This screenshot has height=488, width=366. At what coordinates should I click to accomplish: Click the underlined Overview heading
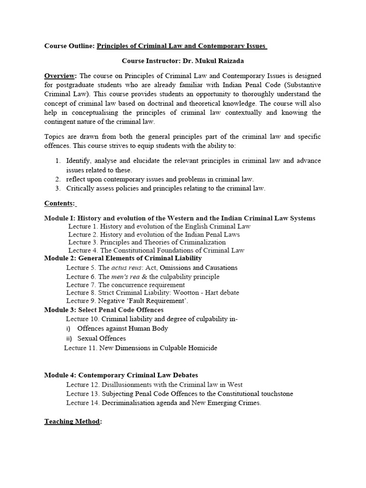(60, 76)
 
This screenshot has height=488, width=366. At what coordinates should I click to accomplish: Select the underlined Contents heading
(59, 203)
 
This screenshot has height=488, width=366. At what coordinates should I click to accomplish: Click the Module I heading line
(180, 218)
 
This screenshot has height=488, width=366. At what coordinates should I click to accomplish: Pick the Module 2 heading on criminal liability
(123, 258)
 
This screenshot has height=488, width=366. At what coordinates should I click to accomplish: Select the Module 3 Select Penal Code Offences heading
(104, 310)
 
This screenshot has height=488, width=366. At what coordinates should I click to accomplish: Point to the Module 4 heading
(121, 376)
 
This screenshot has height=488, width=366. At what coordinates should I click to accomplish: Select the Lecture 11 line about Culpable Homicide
(141, 348)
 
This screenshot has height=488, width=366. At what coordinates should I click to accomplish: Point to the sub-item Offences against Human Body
(122, 328)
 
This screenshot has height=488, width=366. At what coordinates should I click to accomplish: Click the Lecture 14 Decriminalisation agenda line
(164, 403)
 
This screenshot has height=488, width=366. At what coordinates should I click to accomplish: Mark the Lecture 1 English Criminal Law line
(159, 226)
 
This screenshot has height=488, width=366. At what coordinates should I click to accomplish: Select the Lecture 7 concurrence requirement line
(125, 285)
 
